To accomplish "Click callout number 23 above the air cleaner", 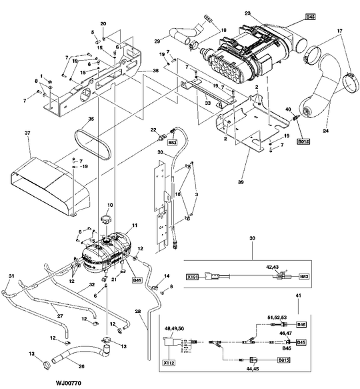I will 247,13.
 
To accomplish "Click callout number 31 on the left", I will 11,276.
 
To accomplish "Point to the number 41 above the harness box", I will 298,295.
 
